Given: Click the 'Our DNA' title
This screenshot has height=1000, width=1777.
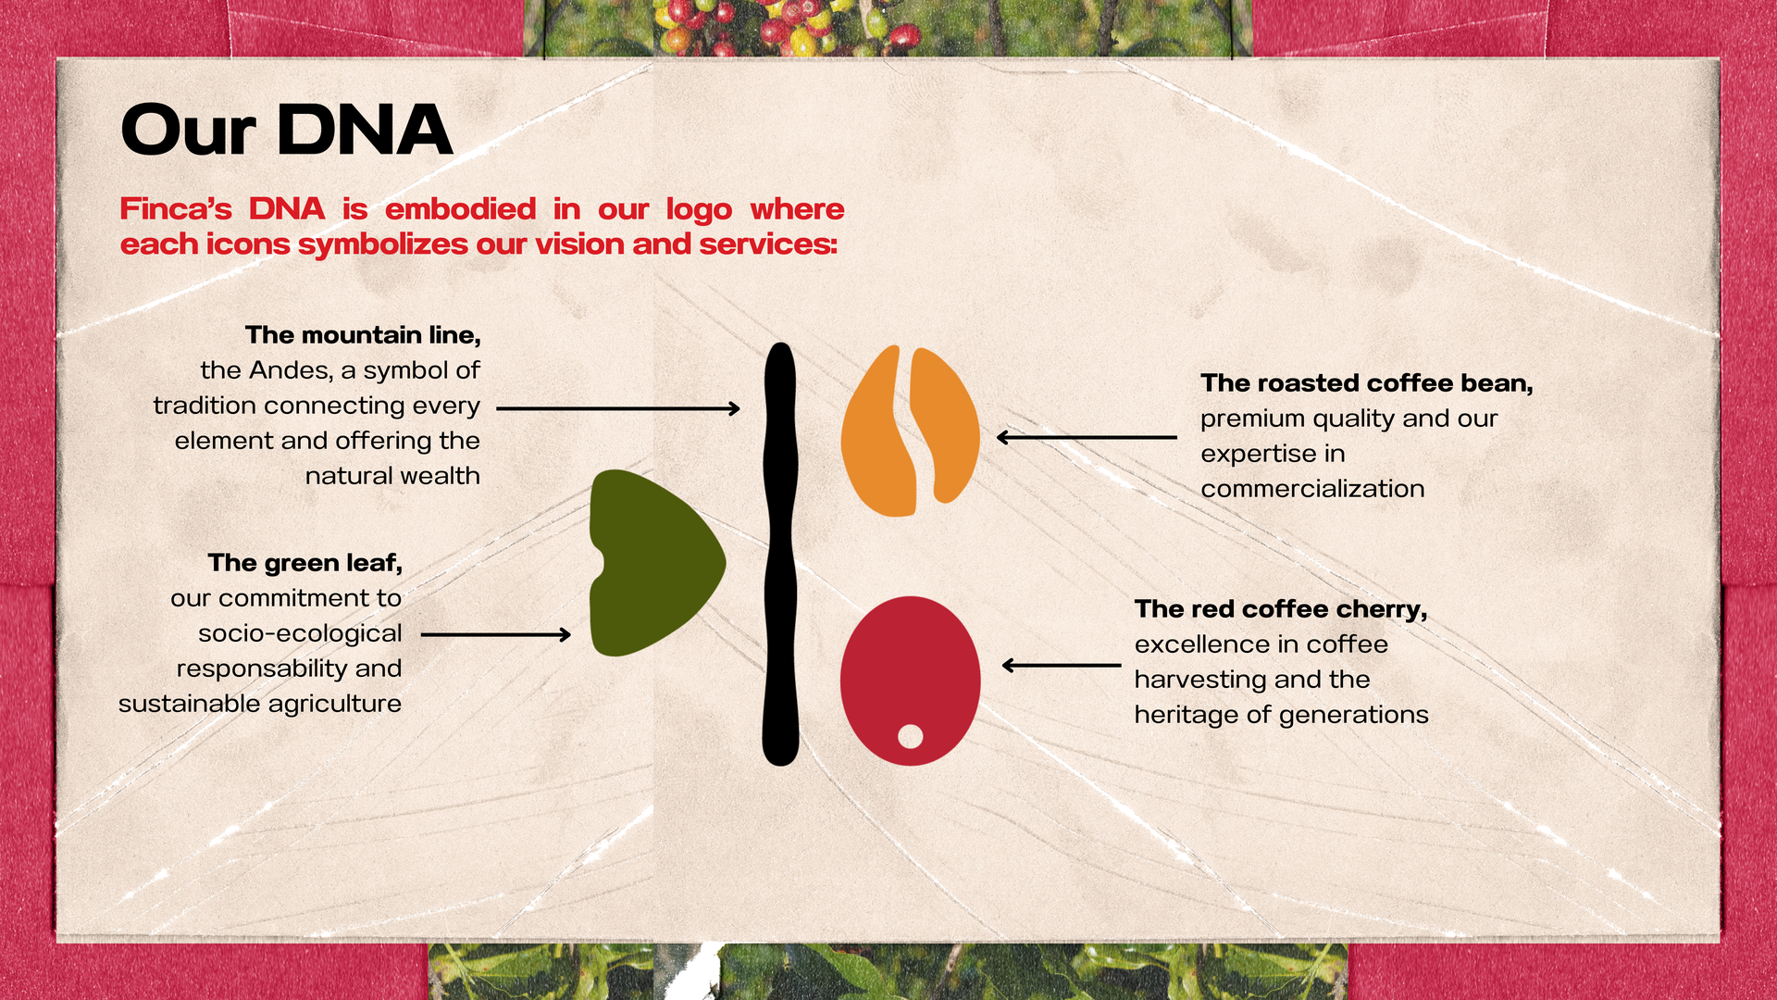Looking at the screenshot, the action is (x=286, y=130).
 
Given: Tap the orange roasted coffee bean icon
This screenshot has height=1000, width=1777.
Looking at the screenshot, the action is (x=910, y=431).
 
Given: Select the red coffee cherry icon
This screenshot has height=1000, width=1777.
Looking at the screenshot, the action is (x=910, y=681).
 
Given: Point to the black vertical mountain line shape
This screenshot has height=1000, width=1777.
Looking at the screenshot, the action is (x=780, y=554).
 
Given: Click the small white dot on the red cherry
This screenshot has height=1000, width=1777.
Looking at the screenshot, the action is (x=911, y=736).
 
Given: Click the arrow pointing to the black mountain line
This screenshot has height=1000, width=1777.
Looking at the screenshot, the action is (x=618, y=407).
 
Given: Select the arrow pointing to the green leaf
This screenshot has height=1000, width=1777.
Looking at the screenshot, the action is (x=496, y=634).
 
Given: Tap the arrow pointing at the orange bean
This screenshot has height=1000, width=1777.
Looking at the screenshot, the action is (x=1087, y=437).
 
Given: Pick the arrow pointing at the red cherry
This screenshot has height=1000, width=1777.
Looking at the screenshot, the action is (x=1062, y=665).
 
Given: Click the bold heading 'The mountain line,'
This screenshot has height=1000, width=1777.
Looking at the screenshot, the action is (x=363, y=335).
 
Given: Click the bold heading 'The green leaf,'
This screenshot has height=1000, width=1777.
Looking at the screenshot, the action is (x=305, y=563).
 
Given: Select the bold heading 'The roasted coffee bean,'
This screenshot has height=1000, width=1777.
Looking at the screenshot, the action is (x=1367, y=383).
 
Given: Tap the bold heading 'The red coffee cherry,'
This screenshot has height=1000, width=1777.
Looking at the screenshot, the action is (x=1281, y=609).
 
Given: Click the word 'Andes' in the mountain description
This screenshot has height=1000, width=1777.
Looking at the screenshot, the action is (x=292, y=370).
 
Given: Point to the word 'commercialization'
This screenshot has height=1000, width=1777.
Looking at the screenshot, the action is (x=1312, y=489).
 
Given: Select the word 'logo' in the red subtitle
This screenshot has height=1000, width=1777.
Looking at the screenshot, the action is (x=699, y=210).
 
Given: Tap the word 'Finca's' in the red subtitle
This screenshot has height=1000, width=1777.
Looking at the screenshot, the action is (x=176, y=208).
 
